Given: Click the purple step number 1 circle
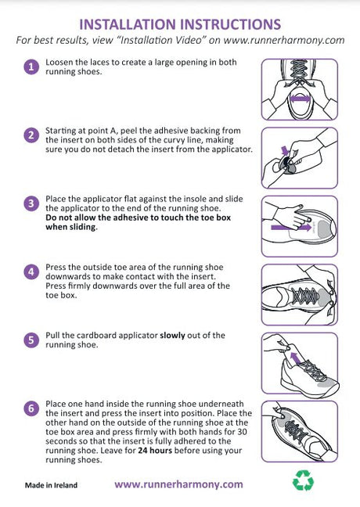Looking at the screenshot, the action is (31, 67).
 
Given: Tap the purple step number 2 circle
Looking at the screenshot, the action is (31, 135).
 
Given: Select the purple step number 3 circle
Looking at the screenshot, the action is (31, 203).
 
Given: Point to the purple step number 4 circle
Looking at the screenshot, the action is (31, 272).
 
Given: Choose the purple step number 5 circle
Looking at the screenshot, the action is (31, 340).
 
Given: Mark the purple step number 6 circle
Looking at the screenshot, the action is (31, 408).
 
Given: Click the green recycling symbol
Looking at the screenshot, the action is (303, 480).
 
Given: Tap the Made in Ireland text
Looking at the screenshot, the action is (51, 485).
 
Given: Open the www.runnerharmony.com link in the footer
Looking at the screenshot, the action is (178, 484).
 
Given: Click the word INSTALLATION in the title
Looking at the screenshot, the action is (127, 24).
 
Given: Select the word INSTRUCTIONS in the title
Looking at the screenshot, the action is (231, 24).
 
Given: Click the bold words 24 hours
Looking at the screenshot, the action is (155, 451).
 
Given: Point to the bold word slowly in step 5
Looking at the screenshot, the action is (172, 336).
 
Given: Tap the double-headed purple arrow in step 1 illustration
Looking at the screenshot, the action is (300, 99).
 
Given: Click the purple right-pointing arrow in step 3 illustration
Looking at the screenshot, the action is (291, 228).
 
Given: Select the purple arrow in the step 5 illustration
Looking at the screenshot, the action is (295, 359).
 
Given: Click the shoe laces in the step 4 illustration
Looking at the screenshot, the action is (306, 295).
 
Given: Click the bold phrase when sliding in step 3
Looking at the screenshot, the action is (71, 227).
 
